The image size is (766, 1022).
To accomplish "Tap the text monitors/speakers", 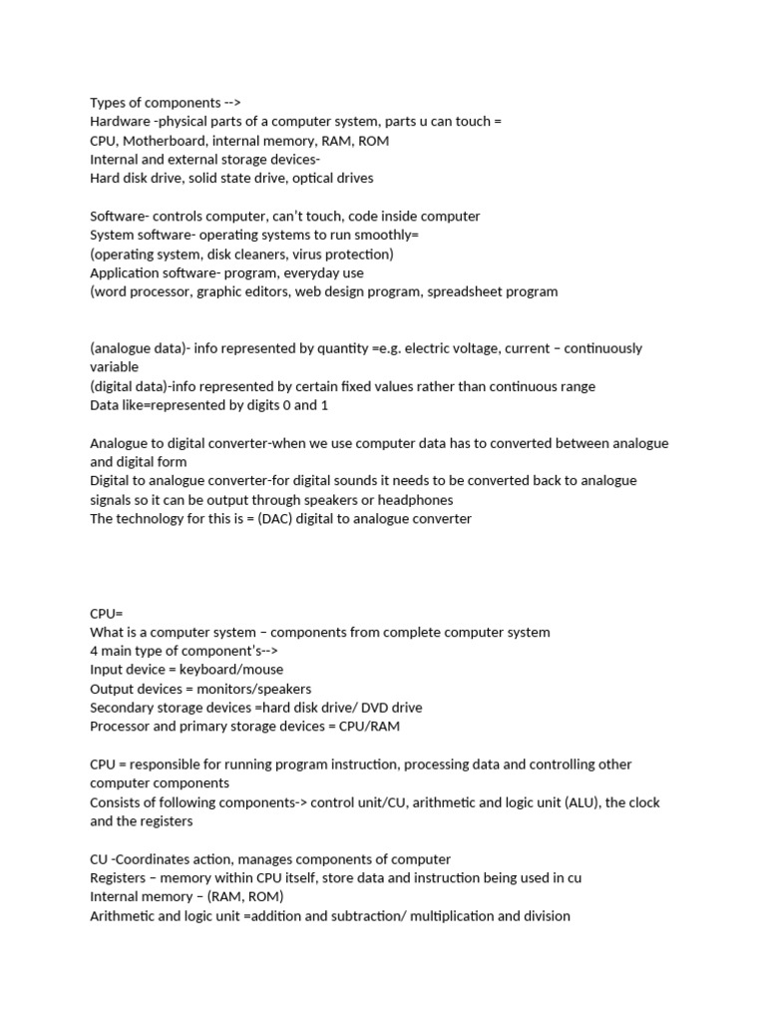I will point(256,689).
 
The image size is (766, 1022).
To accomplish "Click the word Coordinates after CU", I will point(158,859).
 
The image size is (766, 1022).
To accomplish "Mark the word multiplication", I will point(447,916).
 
